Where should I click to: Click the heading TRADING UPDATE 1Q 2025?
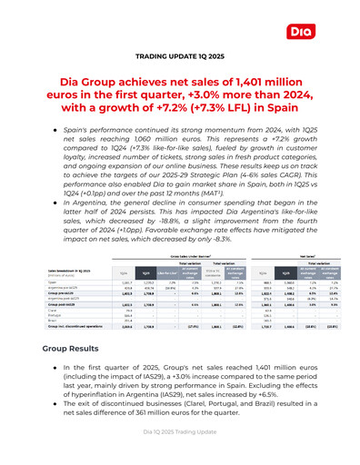pyautogui.click(x=179, y=70)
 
